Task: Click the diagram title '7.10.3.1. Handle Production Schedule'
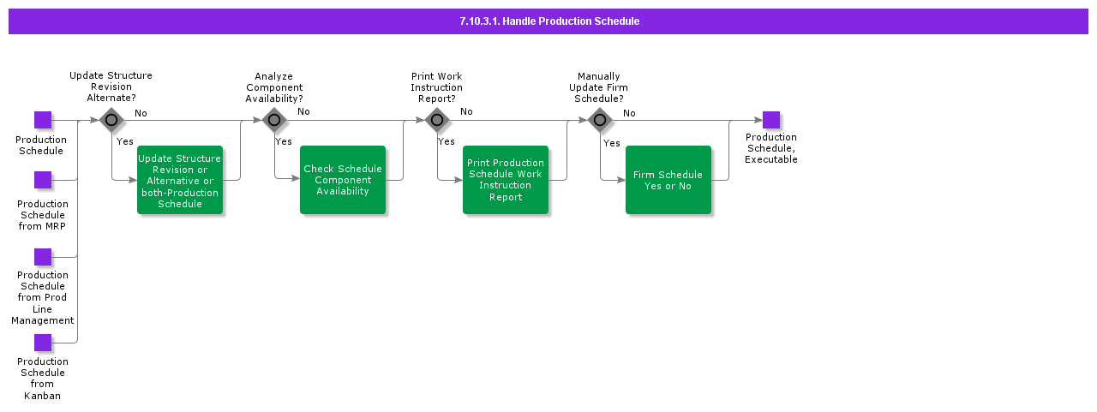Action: tap(548, 21)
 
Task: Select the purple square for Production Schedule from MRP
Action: tap(43, 180)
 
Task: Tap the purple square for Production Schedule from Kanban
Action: tap(43, 343)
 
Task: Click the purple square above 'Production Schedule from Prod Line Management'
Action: tap(43, 257)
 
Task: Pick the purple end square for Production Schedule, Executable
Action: tap(771, 120)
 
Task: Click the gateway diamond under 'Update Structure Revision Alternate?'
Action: tap(111, 120)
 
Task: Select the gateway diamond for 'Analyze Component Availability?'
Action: tap(274, 120)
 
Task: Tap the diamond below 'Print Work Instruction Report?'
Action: tap(437, 120)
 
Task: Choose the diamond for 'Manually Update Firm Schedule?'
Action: tap(600, 120)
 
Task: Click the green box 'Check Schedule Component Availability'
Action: tap(343, 180)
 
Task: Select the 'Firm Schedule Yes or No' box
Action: tap(668, 180)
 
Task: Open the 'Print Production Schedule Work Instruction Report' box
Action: tap(506, 180)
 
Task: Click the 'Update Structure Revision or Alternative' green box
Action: tap(180, 180)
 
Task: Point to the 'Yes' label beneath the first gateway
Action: tap(125, 141)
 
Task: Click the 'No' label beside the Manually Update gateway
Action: tap(629, 113)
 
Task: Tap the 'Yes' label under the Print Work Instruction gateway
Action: tap(447, 141)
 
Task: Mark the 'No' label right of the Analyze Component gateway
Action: tap(303, 111)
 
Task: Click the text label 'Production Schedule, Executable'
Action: tap(771, 148)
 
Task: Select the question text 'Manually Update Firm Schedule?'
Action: tap(599, 87)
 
